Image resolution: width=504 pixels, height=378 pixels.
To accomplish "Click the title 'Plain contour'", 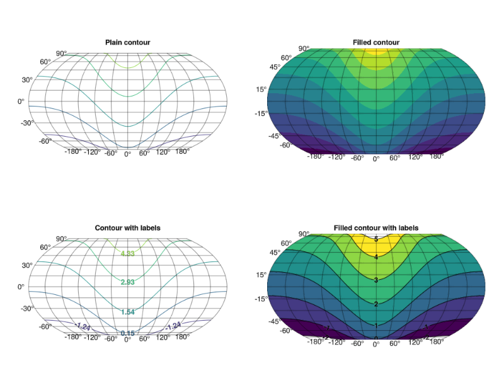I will [x=127, y=42].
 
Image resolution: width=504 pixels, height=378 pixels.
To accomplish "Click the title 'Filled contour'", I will [x=376, y=42].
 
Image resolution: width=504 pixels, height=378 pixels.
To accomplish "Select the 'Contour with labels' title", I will [x=127, y=227].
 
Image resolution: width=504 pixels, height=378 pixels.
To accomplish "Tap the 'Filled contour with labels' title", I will [x=376, y=227].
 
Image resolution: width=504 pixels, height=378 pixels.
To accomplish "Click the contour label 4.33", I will [x=128, y=253].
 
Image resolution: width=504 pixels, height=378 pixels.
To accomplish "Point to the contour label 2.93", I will [x=128, y=282].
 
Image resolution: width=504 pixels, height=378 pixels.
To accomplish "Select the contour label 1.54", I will [x=128, y=312].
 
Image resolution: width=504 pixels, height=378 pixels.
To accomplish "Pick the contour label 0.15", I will [x=128, y=333].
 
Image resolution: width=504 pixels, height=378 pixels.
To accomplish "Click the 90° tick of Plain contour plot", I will [x=61, y=54].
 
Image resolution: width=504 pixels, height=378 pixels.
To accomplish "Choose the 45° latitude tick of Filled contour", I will [x=275, y=67].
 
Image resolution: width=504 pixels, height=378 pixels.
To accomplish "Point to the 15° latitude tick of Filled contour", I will [x=262, y=89].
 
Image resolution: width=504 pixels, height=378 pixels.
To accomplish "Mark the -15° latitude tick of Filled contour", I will [x=261, y=113].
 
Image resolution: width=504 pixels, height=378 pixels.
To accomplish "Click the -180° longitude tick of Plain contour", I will [x=74, y=152].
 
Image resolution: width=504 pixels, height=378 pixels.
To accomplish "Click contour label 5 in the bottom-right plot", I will [x=376, y=239].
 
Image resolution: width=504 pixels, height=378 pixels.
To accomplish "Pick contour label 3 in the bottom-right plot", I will [x=376, y=280].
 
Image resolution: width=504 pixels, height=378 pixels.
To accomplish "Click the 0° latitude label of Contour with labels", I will [x=21, y=287].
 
